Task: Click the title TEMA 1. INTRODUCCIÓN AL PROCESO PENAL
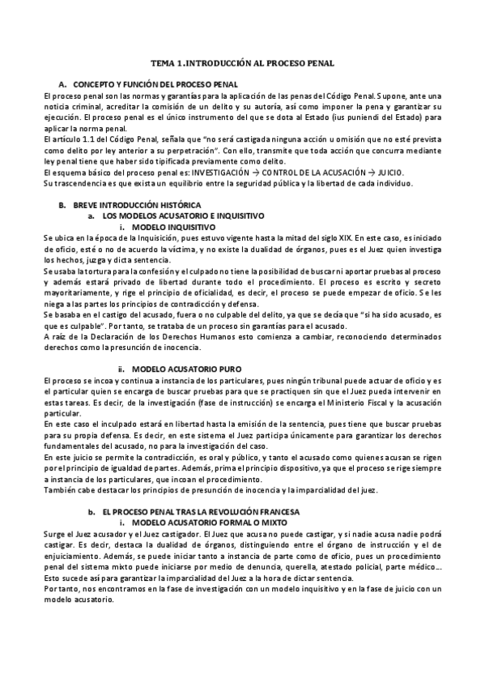[x=243, y=62]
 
